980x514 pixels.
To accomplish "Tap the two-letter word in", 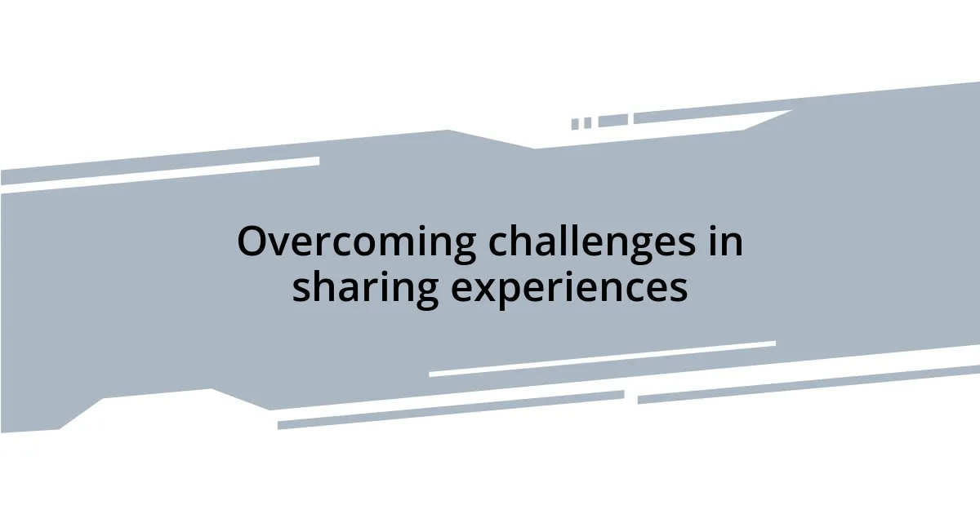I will (724, 241).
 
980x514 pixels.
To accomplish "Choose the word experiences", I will (568, 288).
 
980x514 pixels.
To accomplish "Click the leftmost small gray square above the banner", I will (575, 124).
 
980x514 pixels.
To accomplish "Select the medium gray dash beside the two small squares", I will (612, 121).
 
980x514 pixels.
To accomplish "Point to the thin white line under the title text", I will (602, 359).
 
